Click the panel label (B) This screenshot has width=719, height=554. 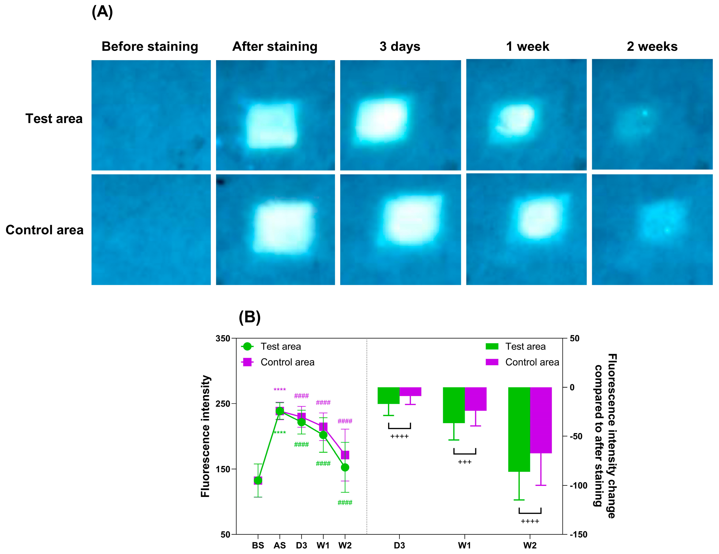(x=250, y=317)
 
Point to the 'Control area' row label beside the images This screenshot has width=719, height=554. (x=44, y=230)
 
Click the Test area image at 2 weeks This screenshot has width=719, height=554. (x=652, y=114)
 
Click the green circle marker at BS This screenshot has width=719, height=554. (x=258, y=481)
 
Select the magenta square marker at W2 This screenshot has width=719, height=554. (x=345, y=455)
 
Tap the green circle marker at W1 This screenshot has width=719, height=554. (x=323, y=435)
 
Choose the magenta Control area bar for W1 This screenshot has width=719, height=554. (x=475, y=399)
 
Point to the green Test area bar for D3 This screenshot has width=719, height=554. (x=389, y=395)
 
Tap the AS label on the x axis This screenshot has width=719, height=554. (x=280, y=546)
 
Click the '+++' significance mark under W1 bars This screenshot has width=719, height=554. (x=465, y=462)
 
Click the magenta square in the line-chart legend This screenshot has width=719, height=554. (x=247, y=362)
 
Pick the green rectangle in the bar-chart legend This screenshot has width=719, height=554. (x=492, y=346)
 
